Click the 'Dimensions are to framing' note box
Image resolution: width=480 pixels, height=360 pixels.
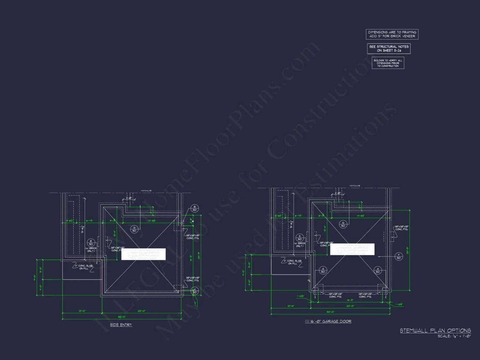click(x=391, y=34)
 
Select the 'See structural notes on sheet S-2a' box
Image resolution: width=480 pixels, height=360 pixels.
click(x=388, y=48)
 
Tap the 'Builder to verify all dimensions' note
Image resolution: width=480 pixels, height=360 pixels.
click(x=388, y=63)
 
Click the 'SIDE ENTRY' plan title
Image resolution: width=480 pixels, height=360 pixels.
click(x=121, y=325)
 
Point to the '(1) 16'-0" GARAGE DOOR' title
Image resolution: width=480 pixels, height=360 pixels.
click(x=328, y=321)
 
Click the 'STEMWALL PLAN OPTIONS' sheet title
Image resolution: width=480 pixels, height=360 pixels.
click(x=435, y=331)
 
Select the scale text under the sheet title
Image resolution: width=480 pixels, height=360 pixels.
click(x=454, y=336)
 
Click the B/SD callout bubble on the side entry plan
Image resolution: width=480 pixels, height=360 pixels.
click(x=195, y=208)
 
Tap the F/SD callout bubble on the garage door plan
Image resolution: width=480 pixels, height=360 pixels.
click(x=398, y=256)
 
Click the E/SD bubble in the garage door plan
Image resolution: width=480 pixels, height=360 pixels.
click(x=300, y=238)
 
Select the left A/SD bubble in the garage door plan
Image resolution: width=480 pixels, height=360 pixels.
click(x=323, y=270)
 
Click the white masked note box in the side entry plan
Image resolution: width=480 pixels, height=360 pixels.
click(x=144, y=254)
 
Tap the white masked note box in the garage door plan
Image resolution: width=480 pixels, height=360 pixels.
click(x=352, y=249)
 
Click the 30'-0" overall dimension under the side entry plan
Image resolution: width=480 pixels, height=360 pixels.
click(x=122, y=317)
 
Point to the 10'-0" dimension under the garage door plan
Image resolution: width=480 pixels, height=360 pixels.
click(x=291, y=306)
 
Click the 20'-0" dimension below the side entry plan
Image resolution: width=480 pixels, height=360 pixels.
click(x=142, y=311)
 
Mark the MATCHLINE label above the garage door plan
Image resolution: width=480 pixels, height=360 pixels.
click(x=355, y=186)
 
